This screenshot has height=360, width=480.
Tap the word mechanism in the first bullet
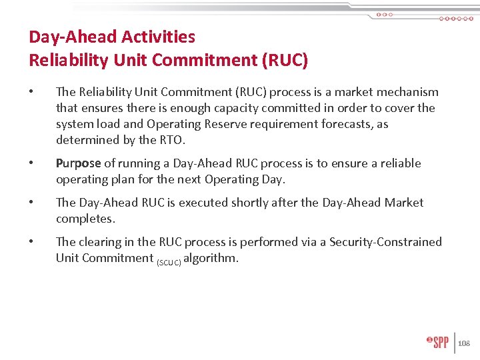pyautogui.click(x=407, y=92)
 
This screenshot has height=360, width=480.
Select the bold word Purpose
pyautogui.click(x=79, y=163)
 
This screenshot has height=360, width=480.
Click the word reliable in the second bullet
pyautogui.click(x=400, y=163)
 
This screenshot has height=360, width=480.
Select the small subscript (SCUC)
pyautogui.click(x=169, y=261)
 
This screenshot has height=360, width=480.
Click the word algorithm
pyautogui.click(x=211, y=258)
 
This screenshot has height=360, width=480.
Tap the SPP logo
pyautogui.click(x=438, y=342)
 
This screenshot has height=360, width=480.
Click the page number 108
pyautogui.click(x=464, y=343)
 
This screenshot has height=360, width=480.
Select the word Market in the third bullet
pyautogui.click(x=403, y=203)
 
